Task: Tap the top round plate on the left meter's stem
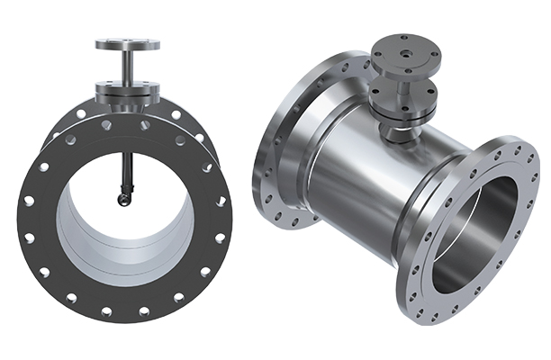128,43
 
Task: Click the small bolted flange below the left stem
128,89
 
